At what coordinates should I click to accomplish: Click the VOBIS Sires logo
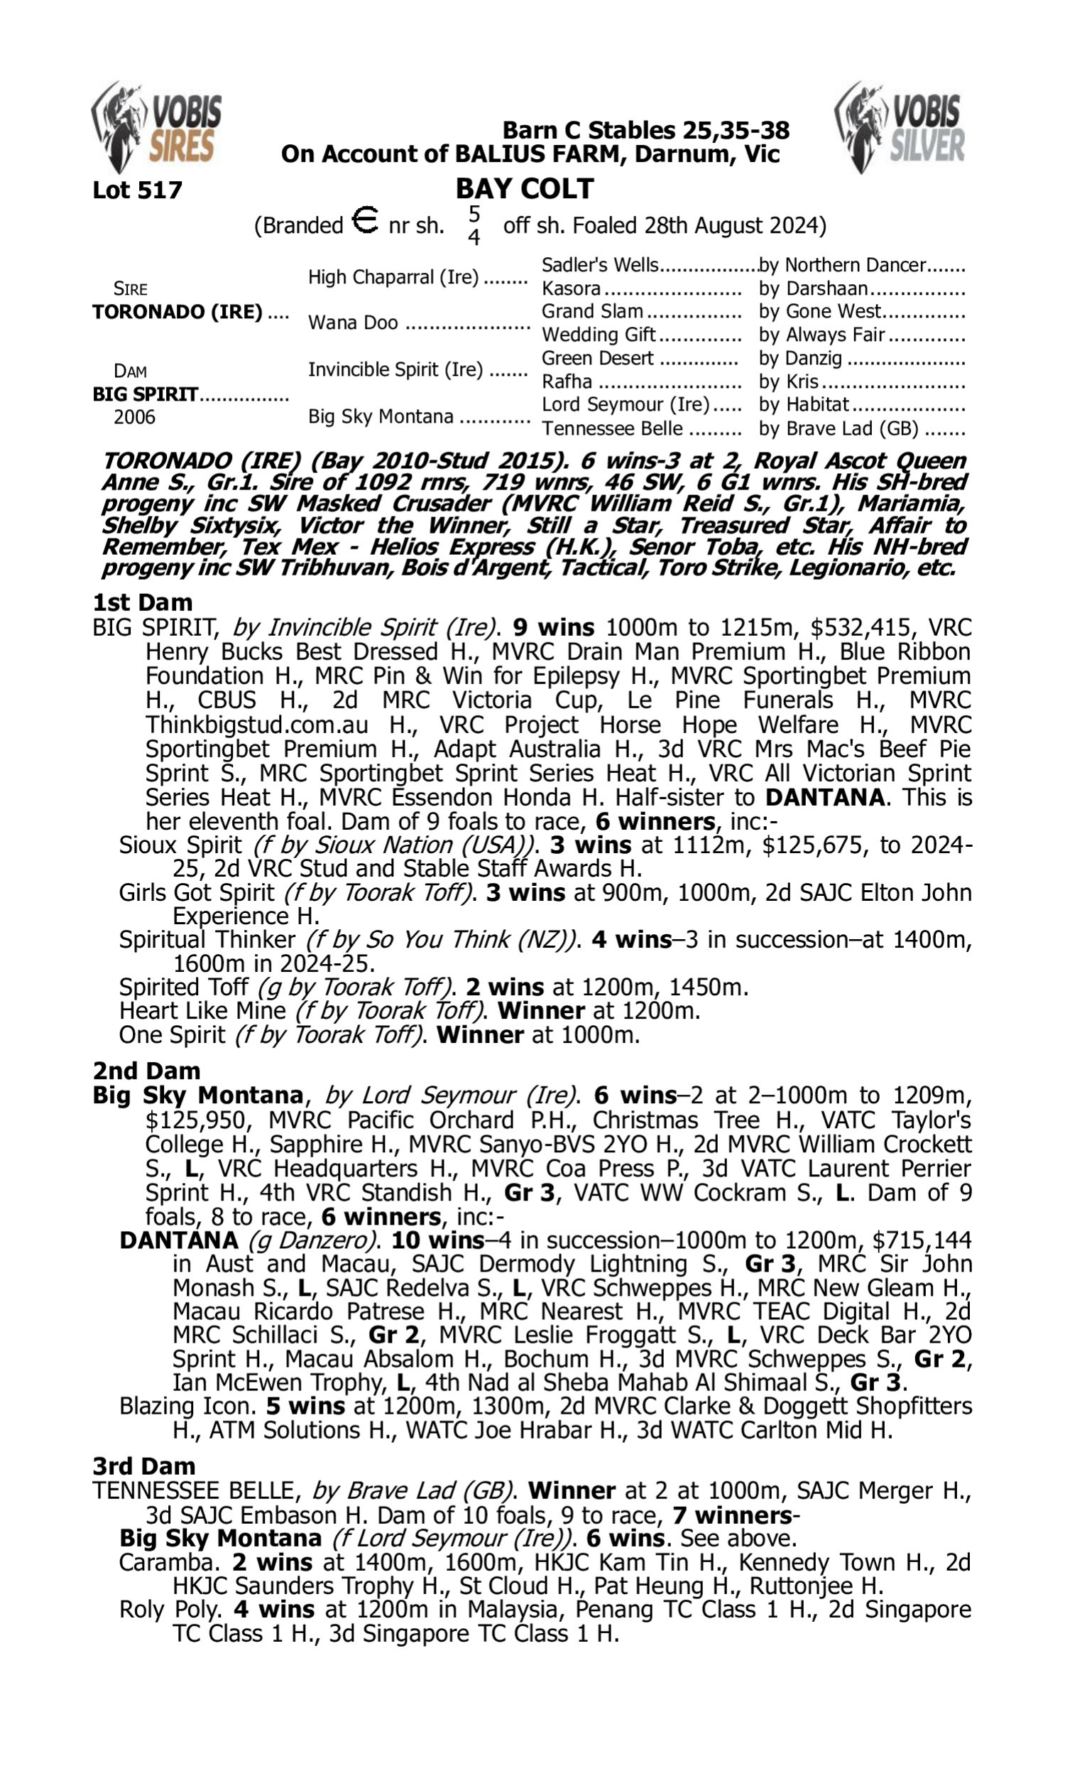[x=156, y=128]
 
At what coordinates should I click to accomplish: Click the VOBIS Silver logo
[x=900, y=128]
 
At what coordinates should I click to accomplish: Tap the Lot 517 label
[x=137, y=190]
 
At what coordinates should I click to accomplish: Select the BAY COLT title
[x=525, y=189]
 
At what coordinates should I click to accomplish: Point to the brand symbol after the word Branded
[x=365, y=220]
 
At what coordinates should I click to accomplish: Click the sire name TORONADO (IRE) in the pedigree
[x=177, y=313]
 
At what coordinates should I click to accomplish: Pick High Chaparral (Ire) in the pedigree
[x=393, y=277]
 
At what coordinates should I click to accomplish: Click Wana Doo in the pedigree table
[x=353, y=323]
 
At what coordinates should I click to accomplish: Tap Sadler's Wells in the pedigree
[x=600, y=265]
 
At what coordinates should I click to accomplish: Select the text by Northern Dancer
[x=843, y=265]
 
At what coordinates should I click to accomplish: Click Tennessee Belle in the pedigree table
[x=612, y=428]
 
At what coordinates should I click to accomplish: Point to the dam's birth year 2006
[x=134, y=417]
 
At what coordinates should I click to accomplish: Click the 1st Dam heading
[x=143, y=602]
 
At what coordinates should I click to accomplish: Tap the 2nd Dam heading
[x=146, y=1071]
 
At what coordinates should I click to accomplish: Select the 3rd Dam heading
[x=144, y=1466]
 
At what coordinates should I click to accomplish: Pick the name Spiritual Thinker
[x=207, y=940]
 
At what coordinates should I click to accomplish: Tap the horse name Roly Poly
[x=170, y=1610]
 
